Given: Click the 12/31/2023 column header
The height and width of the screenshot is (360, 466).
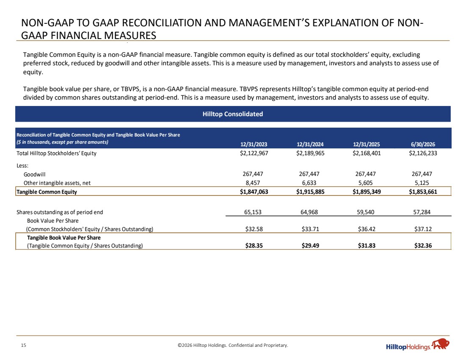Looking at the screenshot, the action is coord(254,144).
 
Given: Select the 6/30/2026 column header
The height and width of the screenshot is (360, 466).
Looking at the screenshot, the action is coord(423,144).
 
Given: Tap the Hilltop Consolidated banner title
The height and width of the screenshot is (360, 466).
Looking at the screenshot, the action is coord(233,114).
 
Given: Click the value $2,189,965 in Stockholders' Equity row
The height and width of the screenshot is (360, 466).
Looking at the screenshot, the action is coord(310,153).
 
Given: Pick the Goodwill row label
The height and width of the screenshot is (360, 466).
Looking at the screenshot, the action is coord(34,174).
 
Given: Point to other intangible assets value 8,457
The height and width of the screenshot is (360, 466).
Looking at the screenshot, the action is coord(253,183).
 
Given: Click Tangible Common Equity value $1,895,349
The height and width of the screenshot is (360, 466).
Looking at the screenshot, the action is coord(366,192).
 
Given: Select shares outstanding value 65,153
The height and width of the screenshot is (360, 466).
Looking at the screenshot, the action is coord(253,212).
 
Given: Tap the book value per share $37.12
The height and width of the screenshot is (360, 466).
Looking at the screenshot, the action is coord(423,229).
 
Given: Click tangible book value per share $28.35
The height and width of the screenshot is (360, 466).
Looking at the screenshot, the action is coord(254,246).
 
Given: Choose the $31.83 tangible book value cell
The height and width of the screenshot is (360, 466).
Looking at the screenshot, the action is coord(366,246).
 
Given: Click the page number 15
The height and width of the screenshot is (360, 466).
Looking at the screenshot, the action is coord(23,345).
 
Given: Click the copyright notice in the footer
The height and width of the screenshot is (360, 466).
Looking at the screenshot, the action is coord(233,345).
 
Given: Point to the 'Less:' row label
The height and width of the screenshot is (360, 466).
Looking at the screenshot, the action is coord(22,166).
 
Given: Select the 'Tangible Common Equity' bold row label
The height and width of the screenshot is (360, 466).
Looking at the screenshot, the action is coord(47,192).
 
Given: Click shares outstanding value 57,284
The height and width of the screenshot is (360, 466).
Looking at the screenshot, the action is coord(422,212).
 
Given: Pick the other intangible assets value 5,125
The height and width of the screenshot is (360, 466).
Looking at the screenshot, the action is coord(422,183).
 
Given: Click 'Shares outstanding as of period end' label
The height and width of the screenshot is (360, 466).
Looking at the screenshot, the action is coord(60,212).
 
